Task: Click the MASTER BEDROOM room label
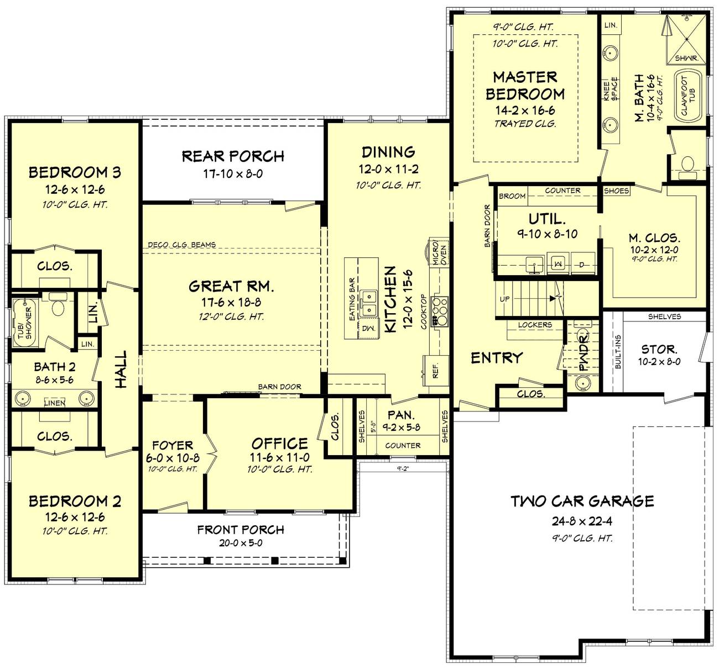(x=525, y=86)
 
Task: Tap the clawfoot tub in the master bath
(x=688, y=95)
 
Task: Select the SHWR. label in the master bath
(x=687, y=57)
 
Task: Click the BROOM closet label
(x=512, y=196)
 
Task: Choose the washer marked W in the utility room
(x=558, y=264)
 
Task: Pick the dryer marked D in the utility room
(x=582, y=264)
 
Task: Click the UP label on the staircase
(x=505, y=299)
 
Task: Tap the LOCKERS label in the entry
(x=535, y=325)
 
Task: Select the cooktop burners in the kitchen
(x=440, y=311)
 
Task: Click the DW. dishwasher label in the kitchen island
(x=368, y=328)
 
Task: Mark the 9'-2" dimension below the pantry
(x=402, y=468)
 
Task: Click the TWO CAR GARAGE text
(x=582, y=501)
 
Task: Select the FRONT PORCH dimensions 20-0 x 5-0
(x=241, y=543)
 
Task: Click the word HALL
(x=121, y=369)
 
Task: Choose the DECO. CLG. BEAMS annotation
(x=182, y=245)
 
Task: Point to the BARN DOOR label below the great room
(x=279, y=387)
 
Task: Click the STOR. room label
(x=659, y=349)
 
